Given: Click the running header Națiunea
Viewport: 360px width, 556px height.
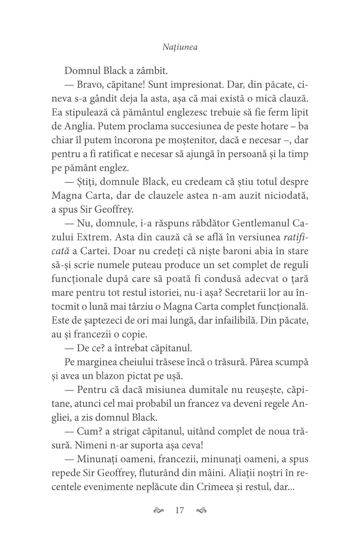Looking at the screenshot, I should click(180, 47).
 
